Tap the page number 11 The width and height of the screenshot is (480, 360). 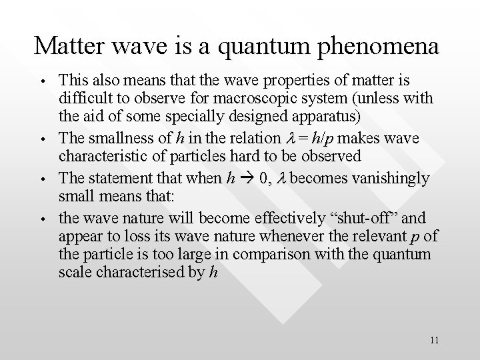[x=434, y=340]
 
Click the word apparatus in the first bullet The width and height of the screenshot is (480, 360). [x=318, y=118]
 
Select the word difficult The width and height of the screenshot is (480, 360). [x=84, y=99]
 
